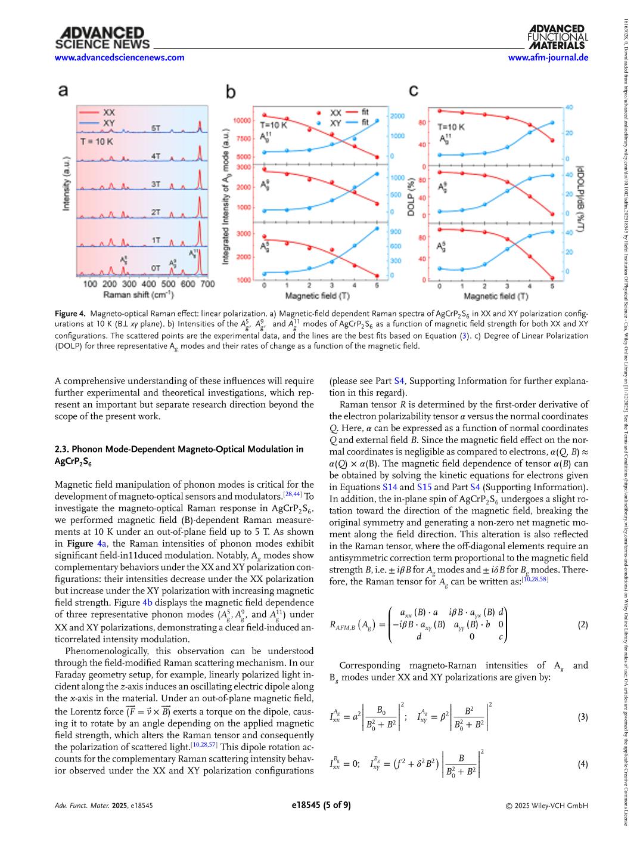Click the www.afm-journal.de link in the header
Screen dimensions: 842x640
click(x=548, y=58)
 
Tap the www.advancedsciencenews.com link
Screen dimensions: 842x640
click(x=119, y=58)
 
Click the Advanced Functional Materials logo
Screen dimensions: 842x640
click(x=557, y=37)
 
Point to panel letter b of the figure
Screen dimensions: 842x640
click(x=231, y=91)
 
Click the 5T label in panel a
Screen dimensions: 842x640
click(x=156, y=128)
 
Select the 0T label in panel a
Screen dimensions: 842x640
click(x=156, y=267)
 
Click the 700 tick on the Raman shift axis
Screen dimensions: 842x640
click(x=207, y=284)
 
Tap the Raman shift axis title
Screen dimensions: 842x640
click(x=138, y=295)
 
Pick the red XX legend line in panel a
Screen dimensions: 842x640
click(x=88, y=112)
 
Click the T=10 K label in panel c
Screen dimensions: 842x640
click(x=451, y=127)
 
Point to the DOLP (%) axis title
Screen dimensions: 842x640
click(x=411, y=192)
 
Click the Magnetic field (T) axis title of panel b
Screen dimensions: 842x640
click(x=318, y=296)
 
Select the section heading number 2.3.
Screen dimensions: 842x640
click(x=61, y=449)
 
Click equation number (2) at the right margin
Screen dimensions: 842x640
click(x=582, y=625)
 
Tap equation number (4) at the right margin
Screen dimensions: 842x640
click(x=582, y=764)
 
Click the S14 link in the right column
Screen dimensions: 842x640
click(x=390, y=487)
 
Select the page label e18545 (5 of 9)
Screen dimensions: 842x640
click(x=321, y=805)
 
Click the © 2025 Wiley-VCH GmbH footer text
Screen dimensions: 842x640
click(x=546, y=806)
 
